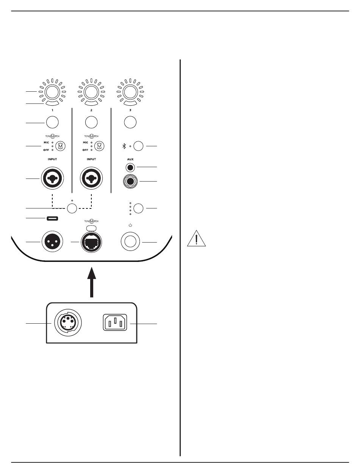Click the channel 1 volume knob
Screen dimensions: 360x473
pos(52,92)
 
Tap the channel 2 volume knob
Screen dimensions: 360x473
pos(91,92)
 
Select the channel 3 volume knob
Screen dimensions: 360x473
pos(130,92)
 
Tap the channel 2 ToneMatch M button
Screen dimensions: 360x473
pos(99,146)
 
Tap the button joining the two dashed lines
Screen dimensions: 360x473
pos(72,208)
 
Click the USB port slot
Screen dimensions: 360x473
pos(53,219)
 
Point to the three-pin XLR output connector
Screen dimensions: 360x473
pos(52,242)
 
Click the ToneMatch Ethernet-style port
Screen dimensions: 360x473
pos(91,242)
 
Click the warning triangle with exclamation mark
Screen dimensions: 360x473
pos(196,239)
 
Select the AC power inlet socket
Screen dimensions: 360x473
pos(115,324)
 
